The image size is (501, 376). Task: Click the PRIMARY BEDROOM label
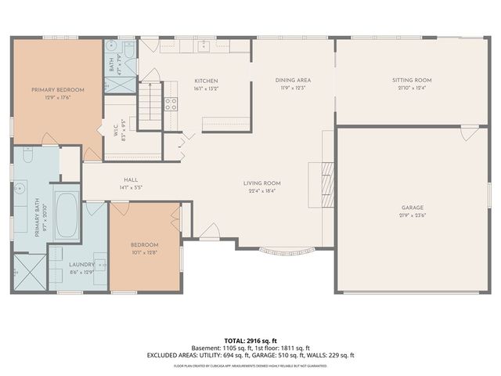click(58, 90)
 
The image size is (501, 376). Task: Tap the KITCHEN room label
click(206, 81)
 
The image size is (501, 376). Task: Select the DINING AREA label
click(294, 81)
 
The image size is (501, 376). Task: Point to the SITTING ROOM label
click(412, 81)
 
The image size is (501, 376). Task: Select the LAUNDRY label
click(81, 264)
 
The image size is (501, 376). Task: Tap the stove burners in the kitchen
click(170, 107)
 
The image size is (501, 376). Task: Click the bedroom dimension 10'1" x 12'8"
click(144, 252)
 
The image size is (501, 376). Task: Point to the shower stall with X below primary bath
click(27, 275)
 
